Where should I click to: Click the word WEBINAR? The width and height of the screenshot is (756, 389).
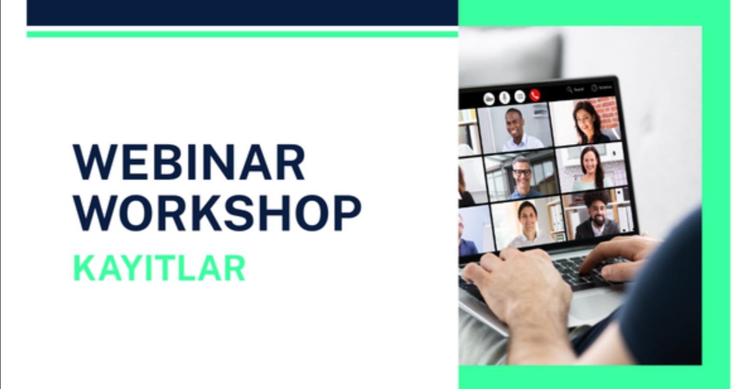189,162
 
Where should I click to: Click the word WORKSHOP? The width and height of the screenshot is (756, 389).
217,213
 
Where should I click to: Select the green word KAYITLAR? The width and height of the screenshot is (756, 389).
159,268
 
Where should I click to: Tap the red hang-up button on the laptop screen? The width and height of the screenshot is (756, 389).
534,95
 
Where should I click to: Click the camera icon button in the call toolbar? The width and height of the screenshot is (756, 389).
489,98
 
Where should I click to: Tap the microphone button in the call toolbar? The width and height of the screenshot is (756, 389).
504,97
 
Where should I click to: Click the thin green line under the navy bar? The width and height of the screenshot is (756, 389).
242,34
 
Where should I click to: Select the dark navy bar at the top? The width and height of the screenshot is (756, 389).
242,12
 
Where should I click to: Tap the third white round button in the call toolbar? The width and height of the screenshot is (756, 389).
519,96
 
